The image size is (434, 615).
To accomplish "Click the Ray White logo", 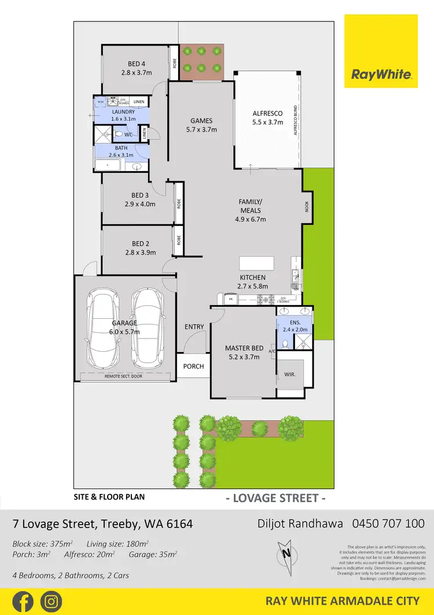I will pos(381,51).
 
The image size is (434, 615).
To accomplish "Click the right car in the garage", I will pos(147,327).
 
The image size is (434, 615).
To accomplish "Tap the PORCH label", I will pos(193,366).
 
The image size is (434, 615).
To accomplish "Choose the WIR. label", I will pos(290,374).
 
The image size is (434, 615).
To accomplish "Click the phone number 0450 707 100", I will pos(388,523).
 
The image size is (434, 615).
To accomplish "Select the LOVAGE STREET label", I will pos(275,498).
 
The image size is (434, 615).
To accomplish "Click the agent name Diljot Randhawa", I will pos(300,523).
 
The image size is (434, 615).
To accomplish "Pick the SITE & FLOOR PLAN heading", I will pos(109,497).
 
